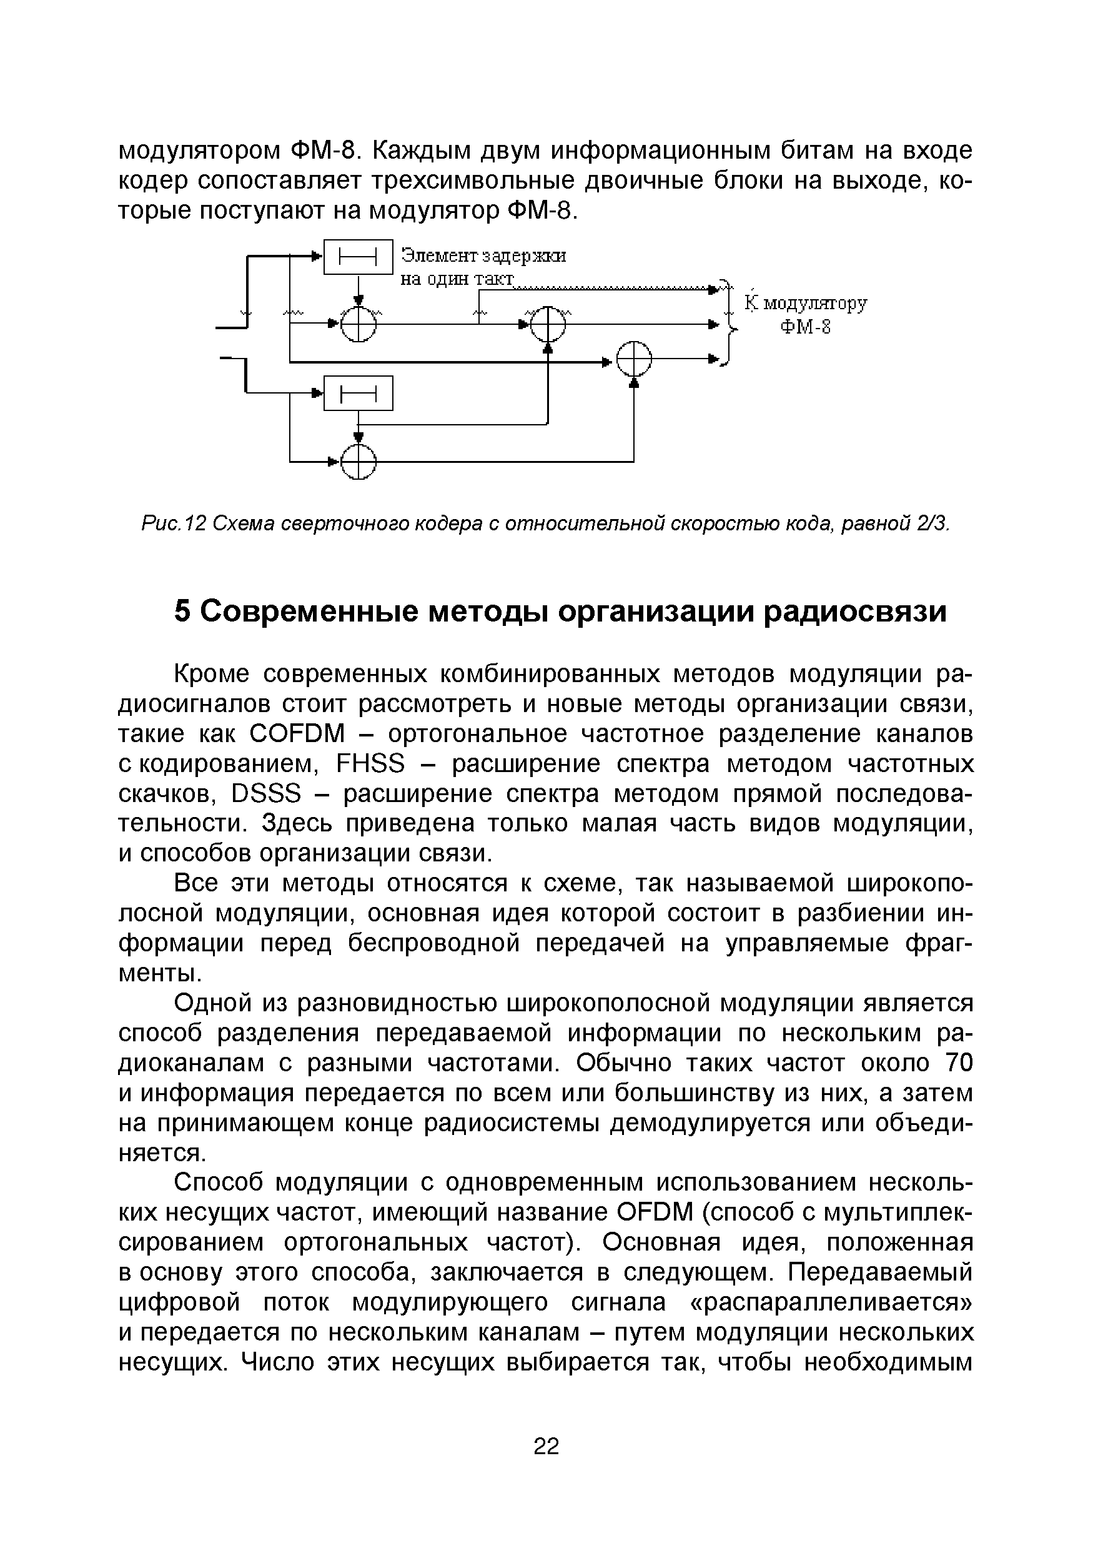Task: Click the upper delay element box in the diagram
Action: click(358, 257)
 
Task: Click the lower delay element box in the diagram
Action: click(358, 393)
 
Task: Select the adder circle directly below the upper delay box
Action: click(358, 324)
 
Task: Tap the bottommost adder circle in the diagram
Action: click(358, 462)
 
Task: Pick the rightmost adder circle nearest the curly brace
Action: click(635, 359)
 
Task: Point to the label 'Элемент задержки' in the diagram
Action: click(483, 256)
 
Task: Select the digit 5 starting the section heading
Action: click(182, 612)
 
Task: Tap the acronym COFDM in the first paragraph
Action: click(297, 733)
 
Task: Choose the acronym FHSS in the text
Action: click(370, 764)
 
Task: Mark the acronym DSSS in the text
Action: click(265, 794)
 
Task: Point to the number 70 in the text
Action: click(959, 1063)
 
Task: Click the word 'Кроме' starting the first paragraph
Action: click(212, 674)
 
